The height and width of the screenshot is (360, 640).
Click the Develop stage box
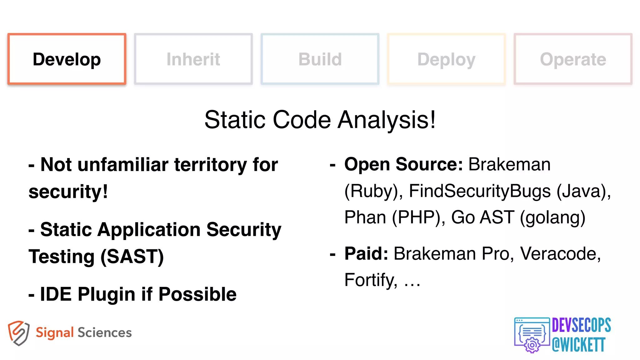point(67,59)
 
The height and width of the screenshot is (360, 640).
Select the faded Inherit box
point(193,59)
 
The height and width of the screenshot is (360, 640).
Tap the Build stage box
point(320,59)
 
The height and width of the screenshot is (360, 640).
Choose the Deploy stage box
point(446,59)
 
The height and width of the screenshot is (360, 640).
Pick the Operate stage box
point(573,59)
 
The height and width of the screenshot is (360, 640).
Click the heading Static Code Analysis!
point(320,120)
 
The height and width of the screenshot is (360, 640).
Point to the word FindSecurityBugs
point(480,191)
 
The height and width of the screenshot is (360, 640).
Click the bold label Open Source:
point(403,164)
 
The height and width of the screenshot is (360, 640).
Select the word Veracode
point(560,253)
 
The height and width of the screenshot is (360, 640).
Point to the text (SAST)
point(132,257)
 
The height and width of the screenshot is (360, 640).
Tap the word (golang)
point(552,217)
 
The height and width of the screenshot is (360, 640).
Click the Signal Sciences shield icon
point(19,333)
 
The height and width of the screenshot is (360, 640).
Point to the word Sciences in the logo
point(105,333)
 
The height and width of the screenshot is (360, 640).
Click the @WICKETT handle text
point(578,345)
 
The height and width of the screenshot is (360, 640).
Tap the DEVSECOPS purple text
point(581,325)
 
